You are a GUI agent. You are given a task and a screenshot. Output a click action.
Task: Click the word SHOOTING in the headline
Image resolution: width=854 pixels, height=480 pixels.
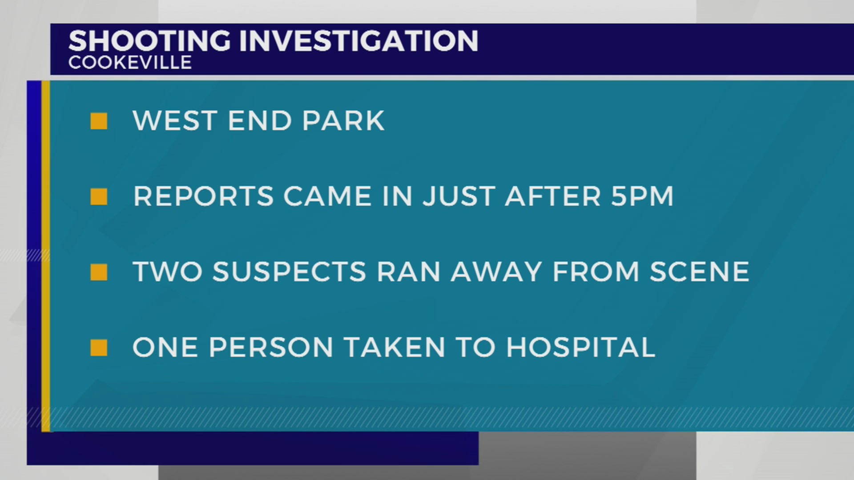coord(149,41)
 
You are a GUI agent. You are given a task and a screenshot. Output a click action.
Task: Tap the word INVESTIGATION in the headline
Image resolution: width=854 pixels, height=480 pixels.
coord(359,41)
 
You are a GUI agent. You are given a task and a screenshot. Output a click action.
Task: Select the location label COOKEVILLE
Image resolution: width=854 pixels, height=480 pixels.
coord(130,63)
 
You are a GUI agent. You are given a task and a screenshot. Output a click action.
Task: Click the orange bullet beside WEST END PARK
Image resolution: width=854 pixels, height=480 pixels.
coord(99,121)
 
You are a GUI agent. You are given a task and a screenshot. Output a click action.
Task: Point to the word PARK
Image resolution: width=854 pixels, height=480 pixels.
coord(343,121)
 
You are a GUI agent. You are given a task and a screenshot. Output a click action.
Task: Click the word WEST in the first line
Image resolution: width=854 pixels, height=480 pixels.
coord(175,121)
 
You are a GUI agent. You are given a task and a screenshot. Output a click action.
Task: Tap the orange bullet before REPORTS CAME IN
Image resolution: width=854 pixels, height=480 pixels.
coord(99,196)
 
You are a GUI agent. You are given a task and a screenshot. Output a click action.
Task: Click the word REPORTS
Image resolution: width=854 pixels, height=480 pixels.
coord(203,196)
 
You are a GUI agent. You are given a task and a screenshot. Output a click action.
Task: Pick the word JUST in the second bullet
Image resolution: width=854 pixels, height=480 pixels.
coord(459,196)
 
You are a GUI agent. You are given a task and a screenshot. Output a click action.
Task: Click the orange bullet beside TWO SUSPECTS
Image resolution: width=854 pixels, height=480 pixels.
coord(99,272)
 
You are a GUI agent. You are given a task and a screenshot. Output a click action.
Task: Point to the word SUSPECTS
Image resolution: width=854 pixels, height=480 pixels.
coord(289,272)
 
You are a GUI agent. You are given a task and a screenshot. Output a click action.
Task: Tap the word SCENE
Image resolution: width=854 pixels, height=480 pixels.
coord(699,272)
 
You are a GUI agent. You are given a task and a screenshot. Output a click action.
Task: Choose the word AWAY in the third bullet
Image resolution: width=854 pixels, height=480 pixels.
coord(496,272)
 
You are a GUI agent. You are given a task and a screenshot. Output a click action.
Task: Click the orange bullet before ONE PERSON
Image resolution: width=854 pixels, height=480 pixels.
coord(99,348)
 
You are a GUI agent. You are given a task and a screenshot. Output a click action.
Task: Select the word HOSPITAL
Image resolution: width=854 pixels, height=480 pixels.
coord(580,348)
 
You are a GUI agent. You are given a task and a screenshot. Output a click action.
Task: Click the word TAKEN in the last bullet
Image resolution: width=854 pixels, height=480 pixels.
coord(394,348)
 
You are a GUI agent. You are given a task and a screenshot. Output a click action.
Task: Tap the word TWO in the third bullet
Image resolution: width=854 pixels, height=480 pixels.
coord(167,272)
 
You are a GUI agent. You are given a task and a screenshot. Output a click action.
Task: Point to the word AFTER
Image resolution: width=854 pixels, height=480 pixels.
coord(553,196)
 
